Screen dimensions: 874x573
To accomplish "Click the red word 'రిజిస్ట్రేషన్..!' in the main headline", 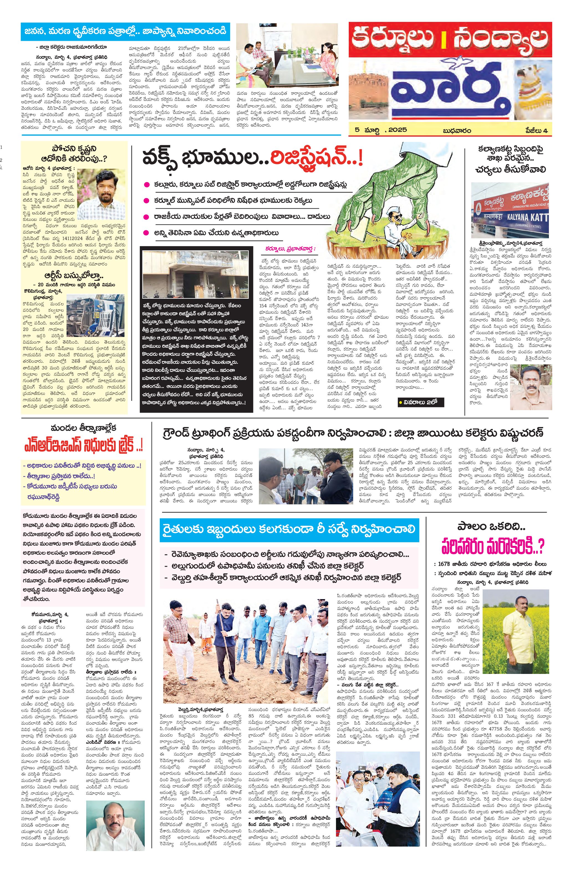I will (x=316, y=159).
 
